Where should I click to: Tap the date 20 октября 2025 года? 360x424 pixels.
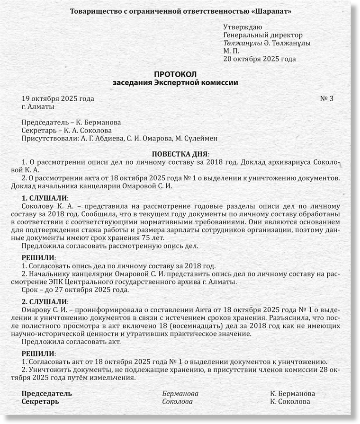pos(260,59)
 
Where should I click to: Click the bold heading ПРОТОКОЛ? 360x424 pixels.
pos(175,74)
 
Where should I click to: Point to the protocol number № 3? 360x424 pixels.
pos(327,98)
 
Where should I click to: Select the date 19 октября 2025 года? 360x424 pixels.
pos(58,98)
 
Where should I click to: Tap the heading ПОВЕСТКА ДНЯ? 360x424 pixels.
pos(179,154)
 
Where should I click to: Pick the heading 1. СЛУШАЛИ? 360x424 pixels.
pos(45,197)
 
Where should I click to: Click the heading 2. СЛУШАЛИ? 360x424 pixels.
pos(45,301)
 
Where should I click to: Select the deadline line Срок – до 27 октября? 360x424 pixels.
pos(75,290)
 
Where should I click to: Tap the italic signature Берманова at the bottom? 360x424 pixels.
pos(180,394)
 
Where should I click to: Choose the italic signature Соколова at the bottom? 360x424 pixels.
pos(177,402)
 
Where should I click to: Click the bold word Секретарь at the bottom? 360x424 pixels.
pos(41,402)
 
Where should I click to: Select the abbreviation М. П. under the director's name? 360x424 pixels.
pos(232,51)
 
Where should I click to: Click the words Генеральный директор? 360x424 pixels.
pos(262,35)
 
